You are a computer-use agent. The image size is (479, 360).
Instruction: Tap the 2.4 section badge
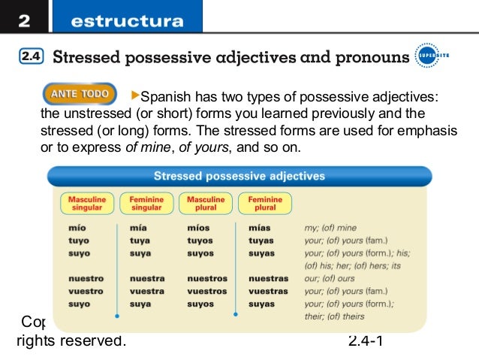[31, 57]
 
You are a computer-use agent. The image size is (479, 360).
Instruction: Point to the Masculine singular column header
[87, 203]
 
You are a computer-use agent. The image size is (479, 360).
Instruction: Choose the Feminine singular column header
[146, 203]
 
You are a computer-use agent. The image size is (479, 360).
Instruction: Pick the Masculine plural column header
[206, 203]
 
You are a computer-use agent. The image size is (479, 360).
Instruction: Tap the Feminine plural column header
[265, 203]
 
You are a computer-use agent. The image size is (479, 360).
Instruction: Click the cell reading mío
[77, 228]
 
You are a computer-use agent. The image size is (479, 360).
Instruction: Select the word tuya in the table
[140, 241]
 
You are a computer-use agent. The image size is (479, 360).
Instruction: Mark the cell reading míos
[199, 228]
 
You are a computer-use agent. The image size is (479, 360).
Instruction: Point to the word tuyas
[261, 241]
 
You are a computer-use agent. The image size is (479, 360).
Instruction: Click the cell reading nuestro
[86, 278]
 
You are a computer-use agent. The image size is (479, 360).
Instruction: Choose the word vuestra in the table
[146, 291]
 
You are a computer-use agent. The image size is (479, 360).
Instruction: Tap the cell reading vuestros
[207, 291]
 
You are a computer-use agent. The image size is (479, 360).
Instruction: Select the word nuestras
[268, 278]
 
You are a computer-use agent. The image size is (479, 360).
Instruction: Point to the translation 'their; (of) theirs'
[334, 316]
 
